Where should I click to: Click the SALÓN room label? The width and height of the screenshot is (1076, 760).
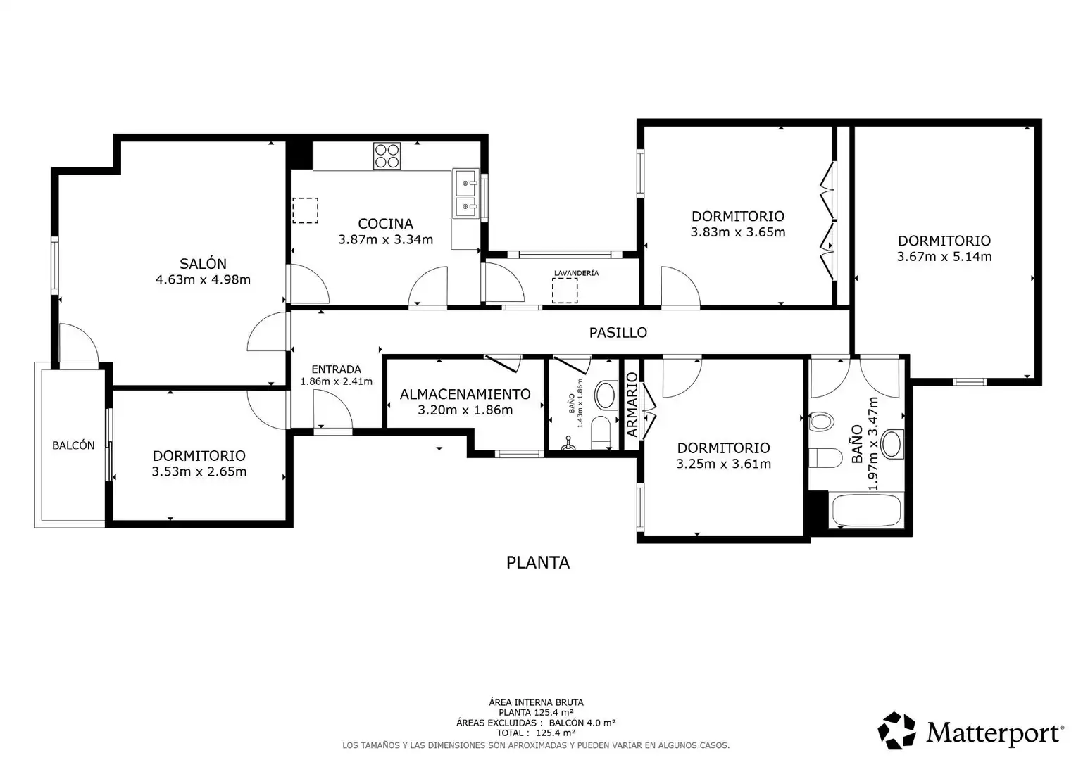203,264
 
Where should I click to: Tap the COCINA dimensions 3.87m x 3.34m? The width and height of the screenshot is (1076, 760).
385,239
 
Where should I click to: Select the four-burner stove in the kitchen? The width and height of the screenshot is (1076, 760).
387,156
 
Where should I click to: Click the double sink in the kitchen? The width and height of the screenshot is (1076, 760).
465,194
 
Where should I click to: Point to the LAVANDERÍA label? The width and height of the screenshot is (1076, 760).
577,273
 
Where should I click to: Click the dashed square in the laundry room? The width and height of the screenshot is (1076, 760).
565,291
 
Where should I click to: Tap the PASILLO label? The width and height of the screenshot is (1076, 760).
618,333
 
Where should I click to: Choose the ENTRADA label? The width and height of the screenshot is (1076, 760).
337,369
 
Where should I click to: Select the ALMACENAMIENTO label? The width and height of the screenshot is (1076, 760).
465,394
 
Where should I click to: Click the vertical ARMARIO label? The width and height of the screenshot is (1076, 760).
632,405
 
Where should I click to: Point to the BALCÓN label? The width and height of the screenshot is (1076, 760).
73,445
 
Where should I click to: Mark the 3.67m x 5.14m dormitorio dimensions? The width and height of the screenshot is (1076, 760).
944,257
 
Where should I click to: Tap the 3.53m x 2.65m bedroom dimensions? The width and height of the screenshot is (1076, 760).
199,471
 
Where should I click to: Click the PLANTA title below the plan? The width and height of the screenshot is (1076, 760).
538,563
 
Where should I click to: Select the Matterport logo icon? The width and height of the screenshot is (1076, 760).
896,730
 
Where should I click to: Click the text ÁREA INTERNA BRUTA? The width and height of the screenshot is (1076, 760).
536,702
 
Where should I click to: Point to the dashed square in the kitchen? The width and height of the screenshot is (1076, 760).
305,210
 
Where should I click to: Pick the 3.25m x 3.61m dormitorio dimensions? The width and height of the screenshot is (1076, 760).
723,464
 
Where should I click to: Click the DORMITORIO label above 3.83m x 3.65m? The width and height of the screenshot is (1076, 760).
738,216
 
